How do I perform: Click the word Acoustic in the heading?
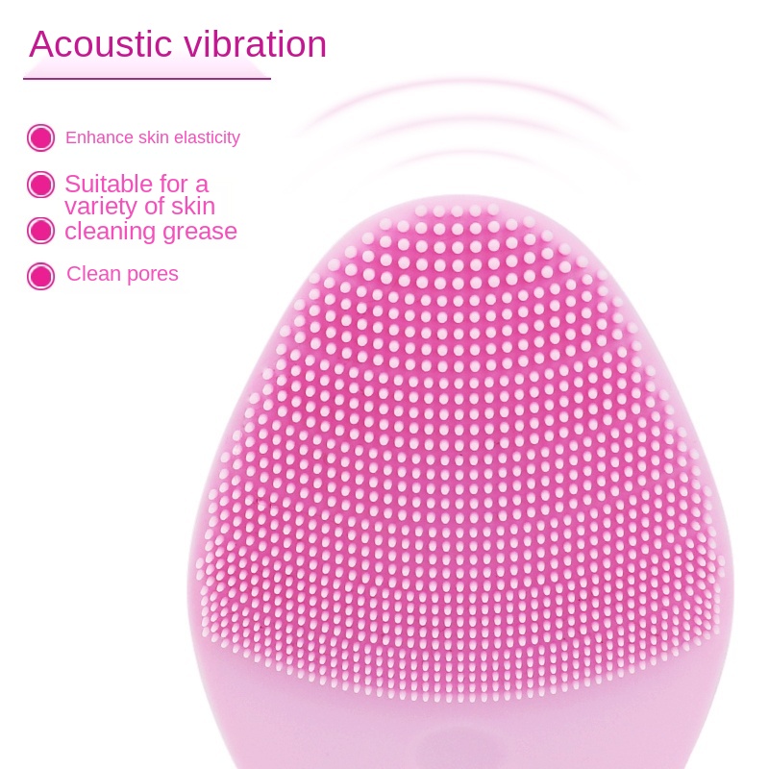pyautogui.click(x=101, y=44)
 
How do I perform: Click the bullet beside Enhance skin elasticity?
pyautogui.click(x=40, y=137)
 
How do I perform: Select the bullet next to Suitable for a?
pyautogui.click(x=40, y=185)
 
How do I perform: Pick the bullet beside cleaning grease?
pyautogui.click(x=40, y=231)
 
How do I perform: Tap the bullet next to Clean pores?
pyautogui.click(x=40, y=276)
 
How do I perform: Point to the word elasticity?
pyautogui.click(x=207, y=138)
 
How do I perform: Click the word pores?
pyautogui.click(x=153, y=275)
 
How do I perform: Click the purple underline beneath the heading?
pyautogui.click(x=147, y=78)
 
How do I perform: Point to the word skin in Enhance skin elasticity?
pyautogui.click(x=154, y=137)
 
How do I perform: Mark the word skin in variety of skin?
pyautogui.click(x=193, y=207)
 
